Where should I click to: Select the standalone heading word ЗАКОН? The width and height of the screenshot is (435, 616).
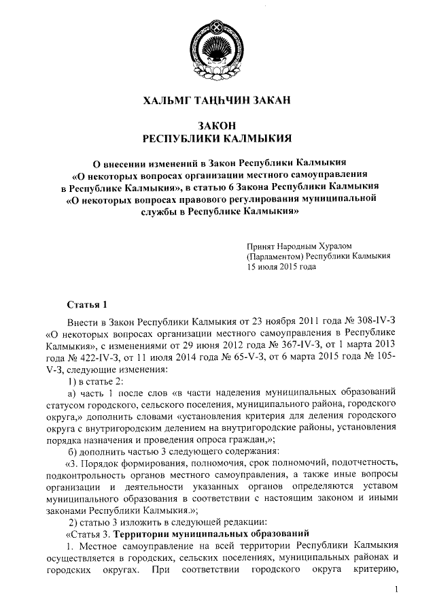click(217, 126)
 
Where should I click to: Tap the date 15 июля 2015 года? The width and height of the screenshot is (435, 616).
click(281, 268)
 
